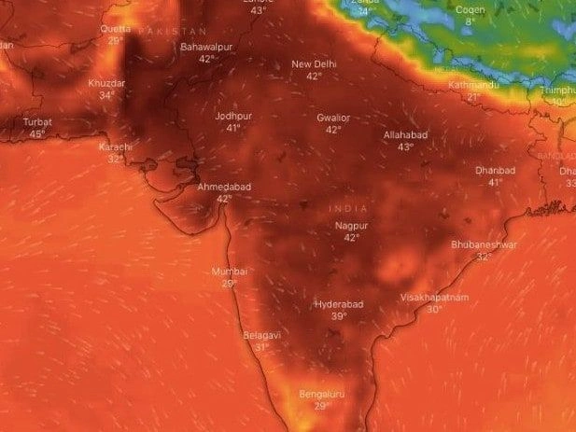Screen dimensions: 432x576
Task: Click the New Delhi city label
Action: (313, 64)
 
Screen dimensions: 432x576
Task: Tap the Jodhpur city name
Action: (233, 117)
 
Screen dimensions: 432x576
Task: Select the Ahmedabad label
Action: (223, 187)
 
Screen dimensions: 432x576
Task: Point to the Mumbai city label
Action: (230, 272)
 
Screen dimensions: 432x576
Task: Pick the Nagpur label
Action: (351, 226)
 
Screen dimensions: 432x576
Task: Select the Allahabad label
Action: (405, 135)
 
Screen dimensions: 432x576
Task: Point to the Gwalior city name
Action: (333, 118)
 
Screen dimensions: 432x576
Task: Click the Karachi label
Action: (115, 147)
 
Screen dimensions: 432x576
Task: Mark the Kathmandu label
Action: (474, 85)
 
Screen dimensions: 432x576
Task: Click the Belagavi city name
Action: (261, 335)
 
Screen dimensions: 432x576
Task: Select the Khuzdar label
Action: (106, 83)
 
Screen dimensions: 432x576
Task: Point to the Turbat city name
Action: (37, 122)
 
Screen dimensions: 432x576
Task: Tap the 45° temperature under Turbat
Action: (37, 134)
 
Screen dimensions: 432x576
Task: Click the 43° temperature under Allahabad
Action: (405, 147)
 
